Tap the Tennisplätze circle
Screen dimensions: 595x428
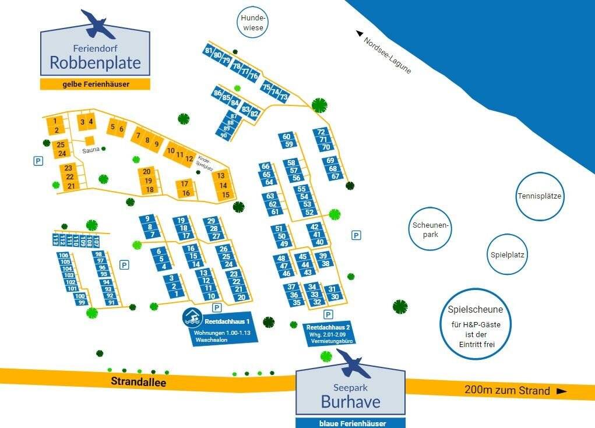pyautogui.click(x=539, y=196)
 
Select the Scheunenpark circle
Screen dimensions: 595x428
pyautogui.click(x=431, y=230)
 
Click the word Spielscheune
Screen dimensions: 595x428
pyautogui.click(x=475, y=310)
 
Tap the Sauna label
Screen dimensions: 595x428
pyautogui.click(x=90, y=150)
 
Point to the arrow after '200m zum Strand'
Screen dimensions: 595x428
pyautogui.click(x=562, y=391)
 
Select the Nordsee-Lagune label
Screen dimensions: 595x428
pyautogui.click(x=388, y=56)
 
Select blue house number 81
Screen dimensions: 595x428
pyautogui.click(x=209, y=51)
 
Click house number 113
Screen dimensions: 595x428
pyautogui.click(x=56, y=240)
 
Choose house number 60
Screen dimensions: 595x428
pyautogui.click(x=286, y=137)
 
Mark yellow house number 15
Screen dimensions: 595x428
pyautogui.click(x=226, y=194)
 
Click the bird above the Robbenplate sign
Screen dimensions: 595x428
pyautogui.click(x=98, y=23)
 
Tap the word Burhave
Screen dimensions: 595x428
pyautogui.click(x=350, y=402)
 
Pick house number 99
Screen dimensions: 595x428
pyautogui.click(x=82, y=302)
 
